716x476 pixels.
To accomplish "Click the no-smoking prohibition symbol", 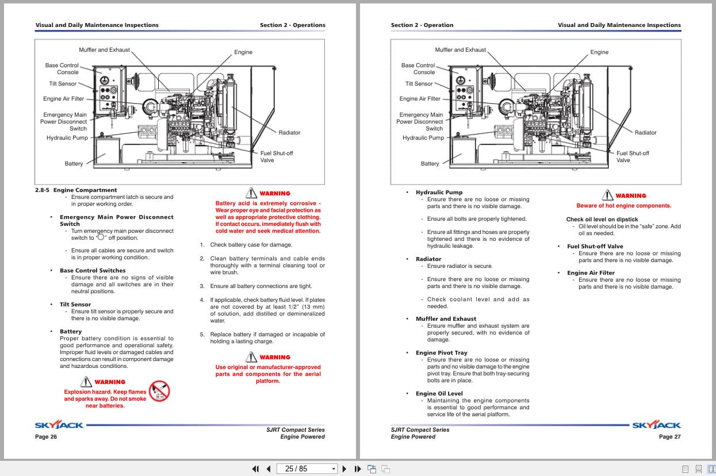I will [x=159, y=391].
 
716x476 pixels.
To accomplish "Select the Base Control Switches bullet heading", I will [x=92, y=270].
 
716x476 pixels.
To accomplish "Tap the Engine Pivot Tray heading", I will [x=441, y=352].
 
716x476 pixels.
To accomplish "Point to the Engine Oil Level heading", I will [x=439, y=393].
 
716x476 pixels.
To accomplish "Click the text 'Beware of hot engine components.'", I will [x=623, y=205].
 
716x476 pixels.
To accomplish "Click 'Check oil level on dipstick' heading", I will [x=602, y=219].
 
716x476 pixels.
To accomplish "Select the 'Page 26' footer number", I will [x=46, y=437].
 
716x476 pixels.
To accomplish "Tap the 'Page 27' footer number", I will [x=669, y=437].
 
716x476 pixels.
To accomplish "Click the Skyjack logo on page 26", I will [x=59, y=425].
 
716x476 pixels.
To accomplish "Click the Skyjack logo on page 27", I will [x=656, y=425].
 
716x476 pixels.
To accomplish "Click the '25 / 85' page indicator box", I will [x=307, y=469].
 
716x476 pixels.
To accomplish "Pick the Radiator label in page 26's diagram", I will [x=289, y=132].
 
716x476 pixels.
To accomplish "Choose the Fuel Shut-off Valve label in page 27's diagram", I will [x=632, y=156].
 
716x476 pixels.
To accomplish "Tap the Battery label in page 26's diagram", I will [x=74, y=164].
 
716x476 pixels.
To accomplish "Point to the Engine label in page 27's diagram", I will [x=599, y=52].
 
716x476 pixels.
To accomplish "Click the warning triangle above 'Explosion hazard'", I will [x=86, y=381].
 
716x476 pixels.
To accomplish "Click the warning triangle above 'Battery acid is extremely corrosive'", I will [x=251, y=193].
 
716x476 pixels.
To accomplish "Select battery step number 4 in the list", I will [x=202, y=300].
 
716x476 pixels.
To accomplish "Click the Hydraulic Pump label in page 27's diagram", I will [x=423, y=138].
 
